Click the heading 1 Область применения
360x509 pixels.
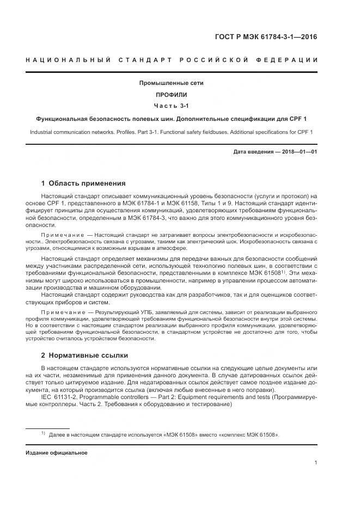tap(83, 183)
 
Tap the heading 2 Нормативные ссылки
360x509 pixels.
tap(84, 355)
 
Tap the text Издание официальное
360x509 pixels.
tap(56, 452)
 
